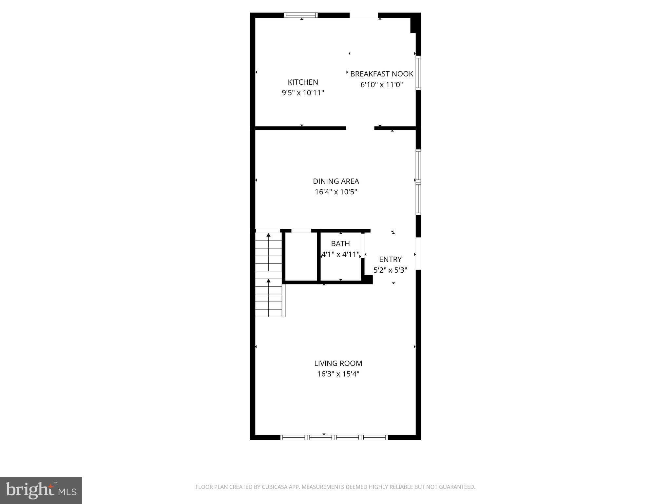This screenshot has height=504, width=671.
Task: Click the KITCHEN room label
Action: pos(303,82)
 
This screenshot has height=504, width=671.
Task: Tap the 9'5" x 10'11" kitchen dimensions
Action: pos(303,93)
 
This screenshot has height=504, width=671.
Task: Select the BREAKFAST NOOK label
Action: pos(381,74)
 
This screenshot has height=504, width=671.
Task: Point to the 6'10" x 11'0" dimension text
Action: pos(381,85)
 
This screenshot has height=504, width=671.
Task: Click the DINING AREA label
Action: pos(336,181)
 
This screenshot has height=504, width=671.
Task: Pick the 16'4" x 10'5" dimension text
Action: pos(336,192)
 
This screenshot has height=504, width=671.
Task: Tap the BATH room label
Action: pos(340,243)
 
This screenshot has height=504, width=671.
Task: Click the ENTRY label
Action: pos(390,259)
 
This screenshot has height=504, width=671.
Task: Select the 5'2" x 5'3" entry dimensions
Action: pos(390,270)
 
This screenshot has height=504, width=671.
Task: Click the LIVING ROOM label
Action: pos(338,363)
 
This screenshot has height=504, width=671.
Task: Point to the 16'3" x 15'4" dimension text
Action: pos(338,374)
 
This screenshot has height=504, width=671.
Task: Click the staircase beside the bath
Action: pos(269,274)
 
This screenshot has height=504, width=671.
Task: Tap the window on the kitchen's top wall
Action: pos(300,15)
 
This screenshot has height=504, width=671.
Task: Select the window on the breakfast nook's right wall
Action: pos(418,73)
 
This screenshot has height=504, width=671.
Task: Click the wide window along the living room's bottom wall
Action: pos(334,437)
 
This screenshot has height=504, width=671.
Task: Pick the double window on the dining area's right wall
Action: pos(418,182)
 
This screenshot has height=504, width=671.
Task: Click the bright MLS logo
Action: pos(41,490)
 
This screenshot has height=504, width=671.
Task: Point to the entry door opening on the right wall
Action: pos(418,254)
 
